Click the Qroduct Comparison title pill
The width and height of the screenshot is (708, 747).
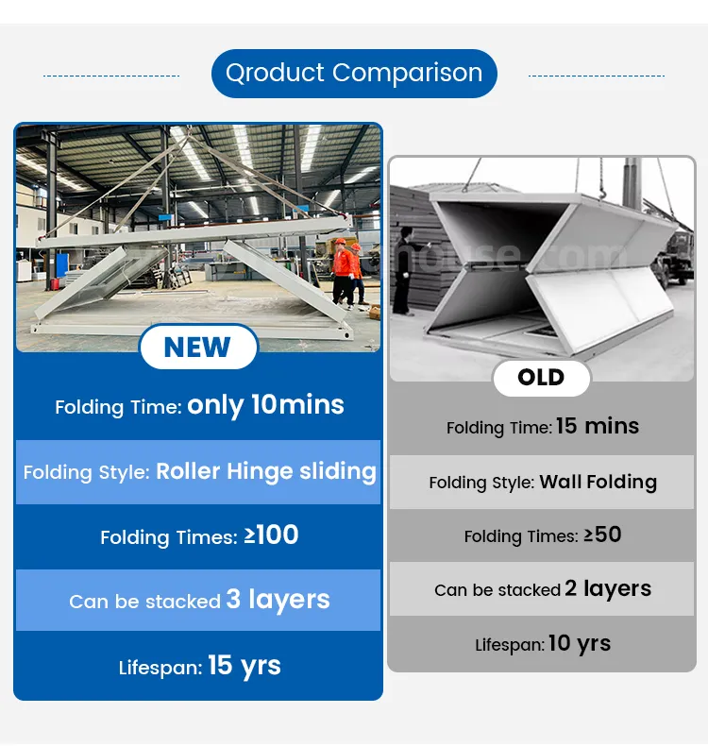(x=354, y=74)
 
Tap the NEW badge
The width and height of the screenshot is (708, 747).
(x=197, y=348)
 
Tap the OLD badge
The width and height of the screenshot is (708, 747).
(x=541, y=378)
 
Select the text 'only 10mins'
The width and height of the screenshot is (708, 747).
(x=265, y=405)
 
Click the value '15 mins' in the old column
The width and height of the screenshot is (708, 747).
(x=597, y=426)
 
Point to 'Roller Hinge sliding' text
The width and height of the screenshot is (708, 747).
(x=265, y=471)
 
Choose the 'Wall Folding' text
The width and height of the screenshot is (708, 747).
(x=598, y=482)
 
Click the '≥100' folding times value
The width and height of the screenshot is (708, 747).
(x=271, y=535)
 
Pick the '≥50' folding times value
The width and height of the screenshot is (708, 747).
(x=602, y=535)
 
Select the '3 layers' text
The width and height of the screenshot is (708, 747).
(x=278, y=600)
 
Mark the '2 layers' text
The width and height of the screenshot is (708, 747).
(x=608, y=588)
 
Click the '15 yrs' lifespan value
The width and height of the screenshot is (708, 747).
(x=244, y=666)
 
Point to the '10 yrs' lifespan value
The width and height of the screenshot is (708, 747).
(x=579, y=644)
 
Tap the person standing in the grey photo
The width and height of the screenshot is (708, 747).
(x=403, y=264)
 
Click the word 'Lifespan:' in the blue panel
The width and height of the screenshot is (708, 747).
(x=160, y=668)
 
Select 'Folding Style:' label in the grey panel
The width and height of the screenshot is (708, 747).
(x=480, y=483)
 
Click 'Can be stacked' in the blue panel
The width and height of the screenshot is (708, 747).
(x=144, y=602)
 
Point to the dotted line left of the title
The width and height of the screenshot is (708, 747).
(x=111, y=76)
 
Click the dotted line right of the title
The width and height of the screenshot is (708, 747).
(x=597, y=76)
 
